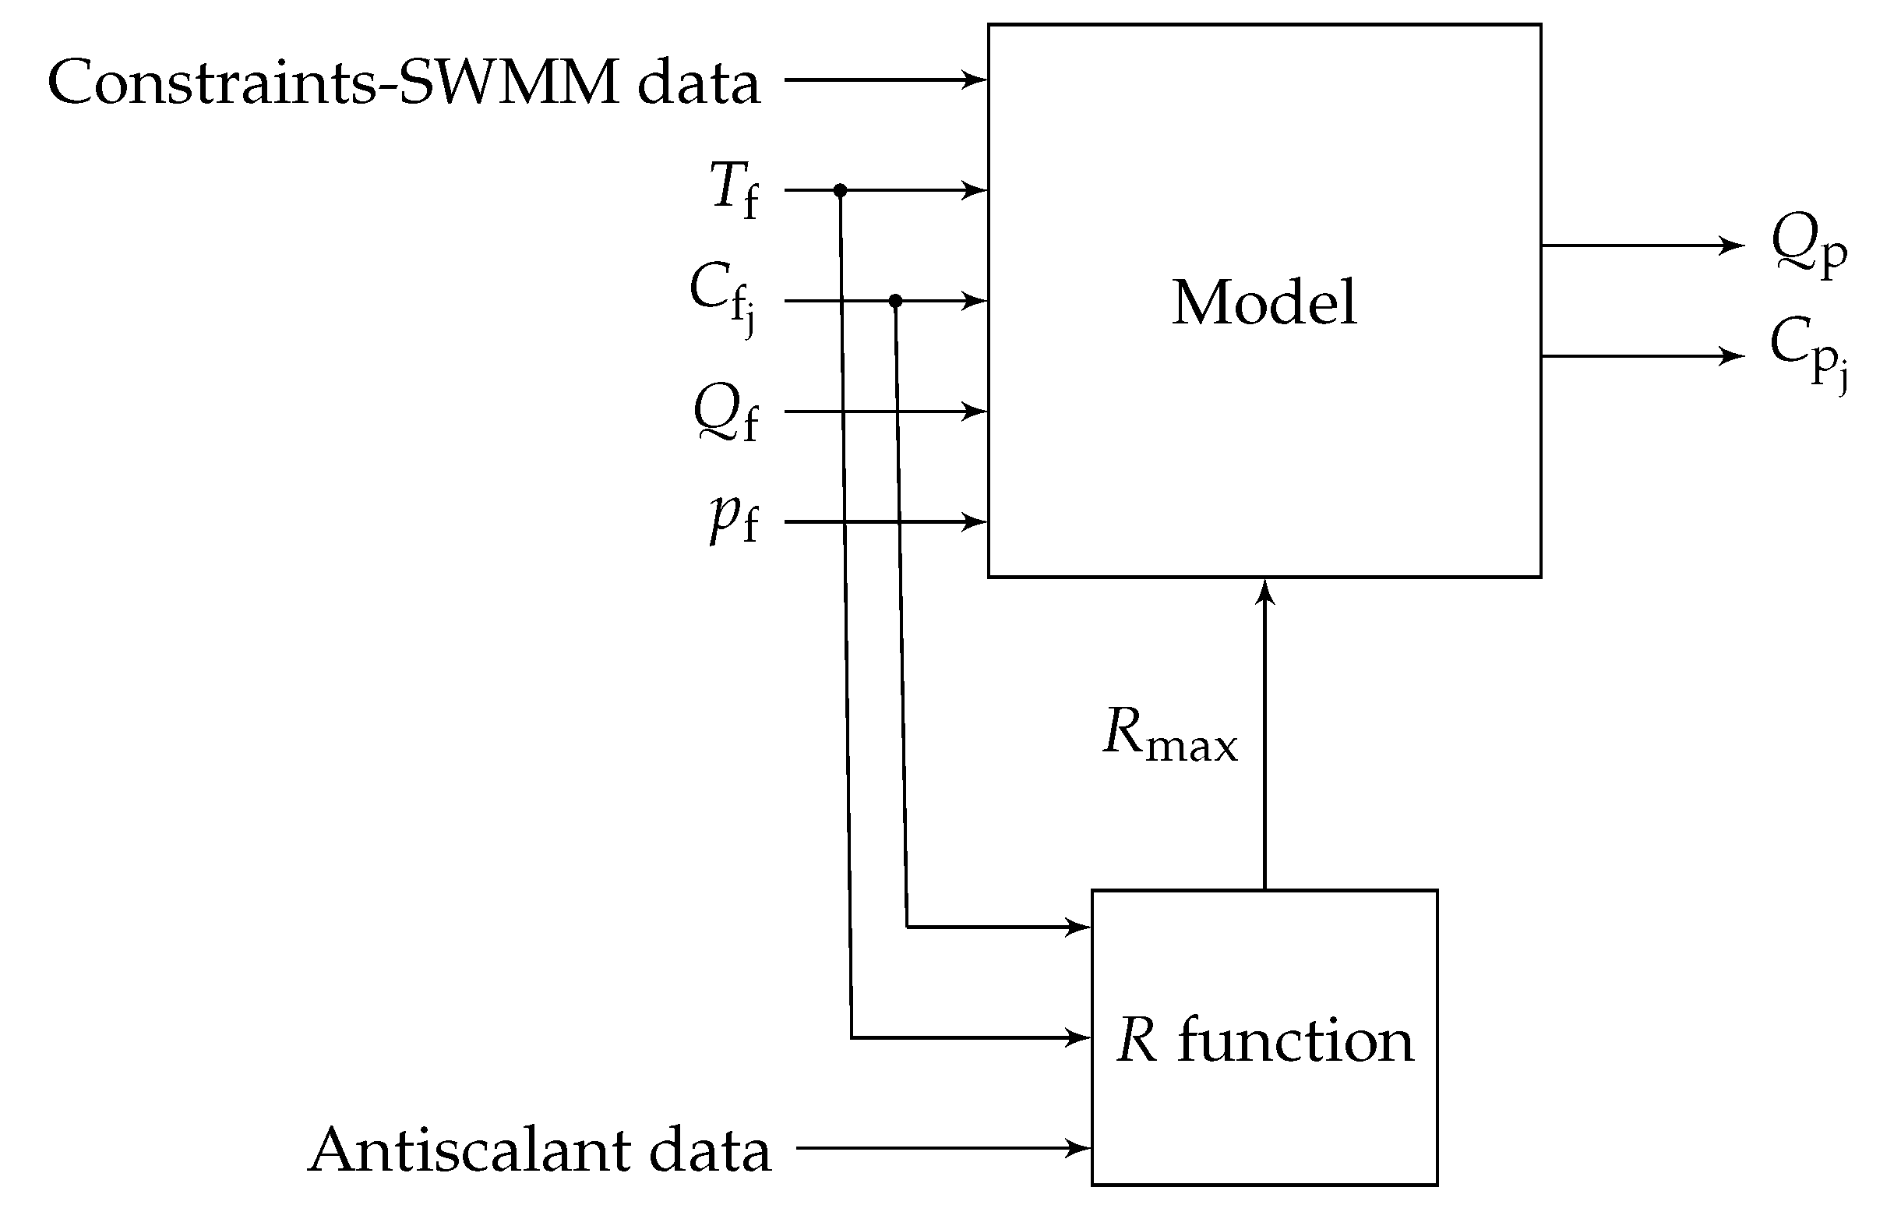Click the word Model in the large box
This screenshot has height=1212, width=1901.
(1264, 302)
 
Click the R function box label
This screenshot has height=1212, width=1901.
(1264, 1041)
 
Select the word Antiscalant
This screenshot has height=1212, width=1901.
(469, 1151)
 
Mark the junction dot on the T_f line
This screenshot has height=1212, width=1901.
(840, 190)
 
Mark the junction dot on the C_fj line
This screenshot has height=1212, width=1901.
(895, 301)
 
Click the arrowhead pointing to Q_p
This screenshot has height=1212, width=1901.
(1735, 246)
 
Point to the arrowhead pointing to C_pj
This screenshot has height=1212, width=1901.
(1735, 356)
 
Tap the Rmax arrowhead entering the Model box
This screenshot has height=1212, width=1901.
(1264, 589)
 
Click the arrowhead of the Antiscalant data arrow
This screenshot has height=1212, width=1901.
(1080, 1147)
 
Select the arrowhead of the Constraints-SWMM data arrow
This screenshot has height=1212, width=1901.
(977, 80)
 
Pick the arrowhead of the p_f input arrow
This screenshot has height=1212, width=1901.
(977, 522)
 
